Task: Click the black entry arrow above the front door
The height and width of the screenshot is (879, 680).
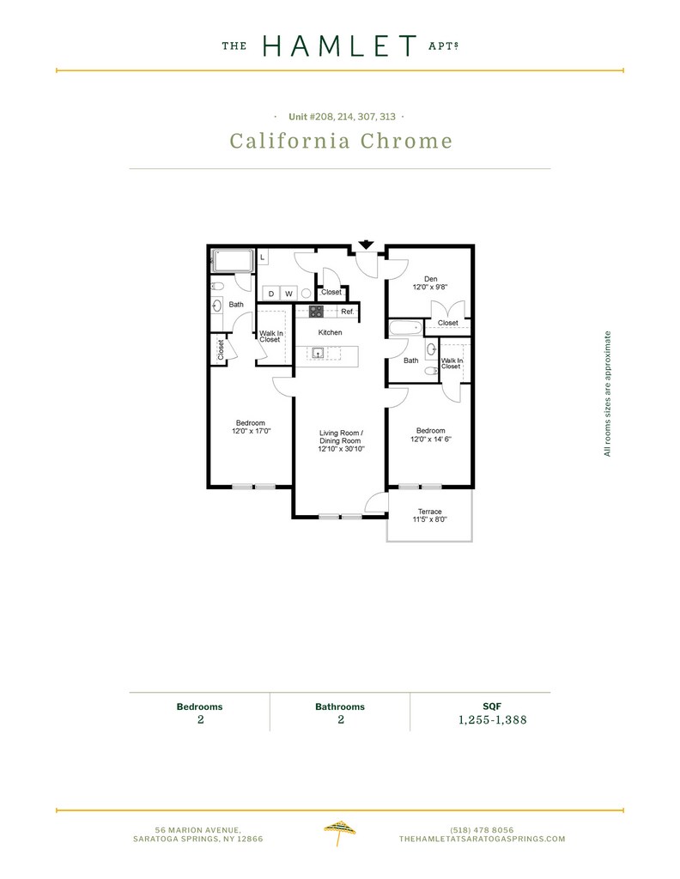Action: pyautogui.click(x=366, y=245)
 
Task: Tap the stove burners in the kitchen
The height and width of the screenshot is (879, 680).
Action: pyautogui.click(x=317, y=312)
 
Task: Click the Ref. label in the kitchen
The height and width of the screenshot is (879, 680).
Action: pyautogui.click(x=348, y=311)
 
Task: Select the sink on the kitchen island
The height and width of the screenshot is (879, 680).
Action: pyautogui.click(x=318, y=353)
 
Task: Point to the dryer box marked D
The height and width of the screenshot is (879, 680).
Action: pyautogui.click(x=270, y=294)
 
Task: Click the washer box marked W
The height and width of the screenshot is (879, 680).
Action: pyautogui.click(x=288, y=294)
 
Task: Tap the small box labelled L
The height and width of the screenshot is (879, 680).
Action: pyautogui.click(x=263, y=258)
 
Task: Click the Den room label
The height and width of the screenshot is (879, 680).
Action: pyautogui.click(x=430, y=279)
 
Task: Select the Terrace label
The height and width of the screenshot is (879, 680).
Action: pyautogui.click(x=430, y=512)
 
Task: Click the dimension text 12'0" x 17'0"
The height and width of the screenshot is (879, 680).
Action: pyautogui.click(x=252, y=431)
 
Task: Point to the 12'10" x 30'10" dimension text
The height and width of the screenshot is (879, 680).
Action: pyautogui.click(x=342, y=449)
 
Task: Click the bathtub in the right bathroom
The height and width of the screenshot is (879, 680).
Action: pyautogui.click(x=404, y=327)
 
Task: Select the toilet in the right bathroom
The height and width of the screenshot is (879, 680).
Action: pyautogui.click(x=431, y=371)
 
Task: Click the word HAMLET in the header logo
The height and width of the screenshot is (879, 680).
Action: pyautogui.click(x=340, y=46)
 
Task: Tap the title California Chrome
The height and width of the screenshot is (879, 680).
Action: pyautogui.click(x=341, y=141)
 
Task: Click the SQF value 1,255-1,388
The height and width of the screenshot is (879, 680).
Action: pyautogui.click(x=493, y=720)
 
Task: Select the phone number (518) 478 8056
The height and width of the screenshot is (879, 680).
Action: pyautogui.click(x=483, y=830)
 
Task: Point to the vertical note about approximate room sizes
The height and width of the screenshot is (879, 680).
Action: pyautogui.click(x=607, y=393)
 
